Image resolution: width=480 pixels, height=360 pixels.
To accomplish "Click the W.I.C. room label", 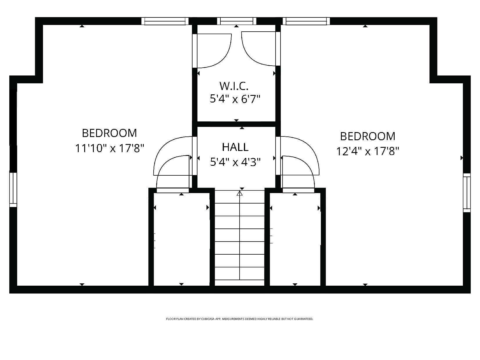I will pos(234,86).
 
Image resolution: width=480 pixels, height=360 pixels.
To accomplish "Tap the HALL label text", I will pos(235,147).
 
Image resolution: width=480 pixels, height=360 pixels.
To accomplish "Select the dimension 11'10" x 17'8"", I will pos(110,148).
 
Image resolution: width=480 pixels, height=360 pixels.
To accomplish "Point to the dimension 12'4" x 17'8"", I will pos(368,151).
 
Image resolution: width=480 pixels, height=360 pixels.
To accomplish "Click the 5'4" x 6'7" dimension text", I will pos(235,99).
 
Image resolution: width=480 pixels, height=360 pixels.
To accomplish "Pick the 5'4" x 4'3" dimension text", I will pos(235,162).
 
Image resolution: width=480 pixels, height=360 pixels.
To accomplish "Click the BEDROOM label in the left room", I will pos(109,133).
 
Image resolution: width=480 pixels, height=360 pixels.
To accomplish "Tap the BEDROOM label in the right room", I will pos(368,136).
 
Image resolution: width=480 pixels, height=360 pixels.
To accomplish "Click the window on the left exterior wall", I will pos(13,190).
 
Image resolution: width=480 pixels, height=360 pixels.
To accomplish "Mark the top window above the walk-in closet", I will pos(237,21).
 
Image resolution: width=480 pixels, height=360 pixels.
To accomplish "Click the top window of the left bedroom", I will pos(165,21).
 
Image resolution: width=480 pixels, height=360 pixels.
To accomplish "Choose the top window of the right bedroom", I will pos(306,21).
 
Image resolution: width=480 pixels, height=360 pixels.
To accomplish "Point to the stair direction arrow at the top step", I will pos(240,193).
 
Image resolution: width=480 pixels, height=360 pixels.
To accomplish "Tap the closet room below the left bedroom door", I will pos(181,238).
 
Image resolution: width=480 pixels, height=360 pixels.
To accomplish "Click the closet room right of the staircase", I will pos(295,238).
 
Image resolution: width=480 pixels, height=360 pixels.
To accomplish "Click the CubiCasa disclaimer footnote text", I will pos(240,319).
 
